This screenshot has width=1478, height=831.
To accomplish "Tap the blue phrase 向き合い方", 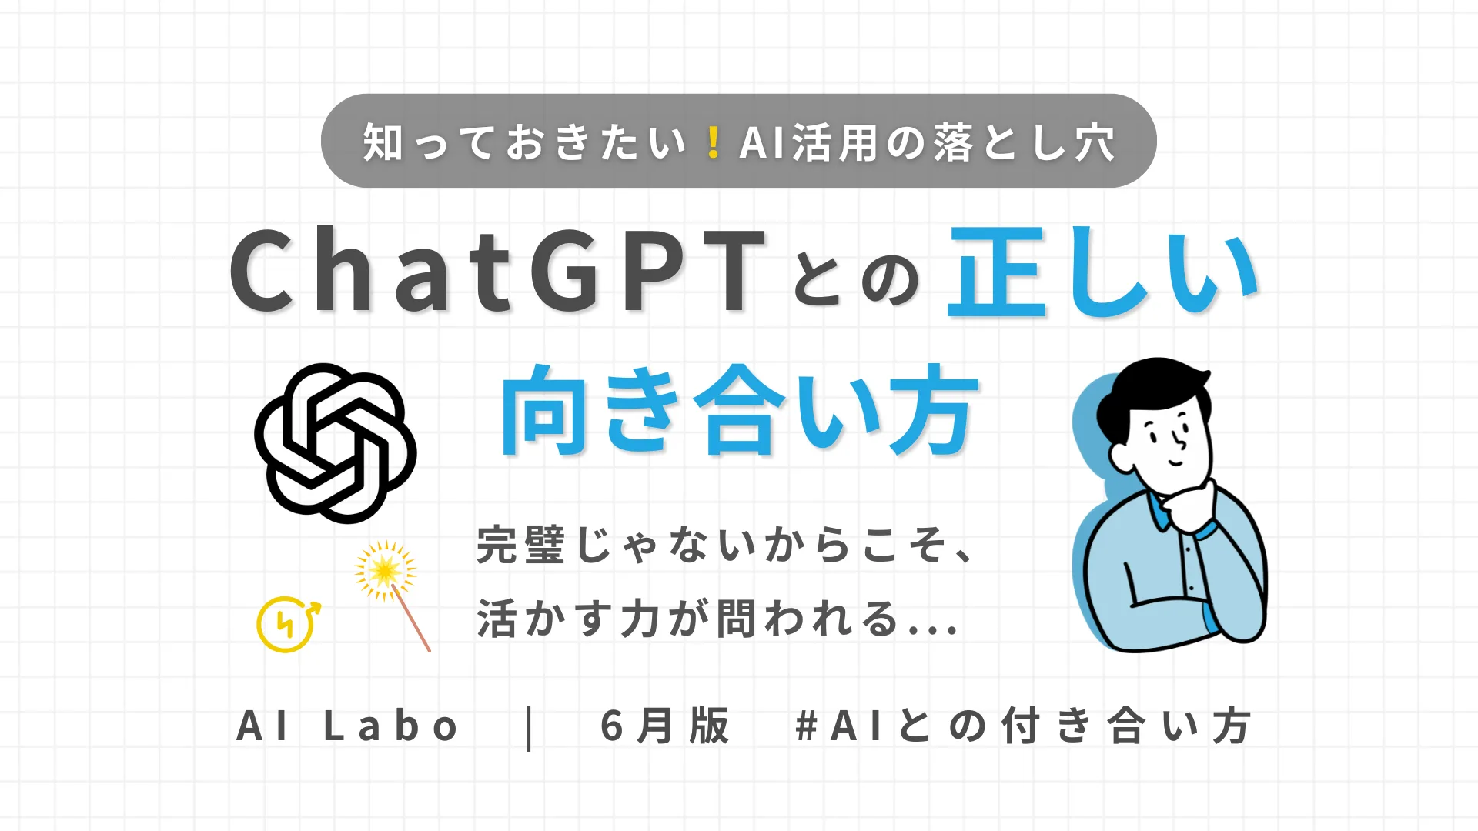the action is point(740,409).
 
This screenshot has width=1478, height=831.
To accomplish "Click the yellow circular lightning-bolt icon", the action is point(286,624).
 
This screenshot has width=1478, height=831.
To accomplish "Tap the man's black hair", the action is point(1147,392).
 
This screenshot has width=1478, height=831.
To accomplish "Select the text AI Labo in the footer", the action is point(348,726).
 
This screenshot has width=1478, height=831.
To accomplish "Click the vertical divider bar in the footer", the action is point(529,727).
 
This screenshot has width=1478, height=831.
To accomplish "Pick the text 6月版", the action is point(664,726).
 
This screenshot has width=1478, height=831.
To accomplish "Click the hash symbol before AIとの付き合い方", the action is point(806,726).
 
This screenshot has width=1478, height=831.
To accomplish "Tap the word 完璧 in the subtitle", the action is point(521,545).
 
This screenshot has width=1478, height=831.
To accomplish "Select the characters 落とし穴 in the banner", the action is point(1025,143).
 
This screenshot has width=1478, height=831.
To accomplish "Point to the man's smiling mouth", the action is point(1176,462).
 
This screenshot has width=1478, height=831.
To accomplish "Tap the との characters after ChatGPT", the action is point(856,278).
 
